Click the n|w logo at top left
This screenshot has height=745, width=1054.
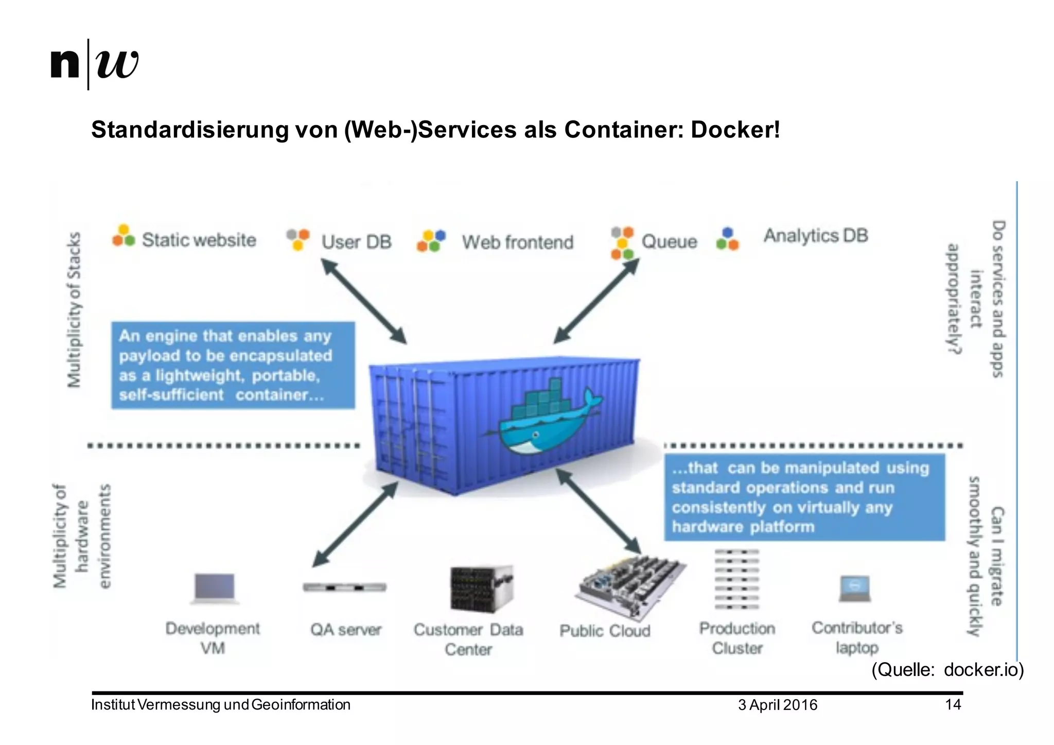(x=95, y=64)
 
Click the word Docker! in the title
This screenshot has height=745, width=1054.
(x=735, y=130)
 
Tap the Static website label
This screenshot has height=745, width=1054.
(x=199, y=240)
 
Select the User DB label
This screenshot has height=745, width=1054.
(x=356, y=242)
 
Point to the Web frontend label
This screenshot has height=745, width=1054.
(x=517, y=242)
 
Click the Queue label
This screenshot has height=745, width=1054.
(x=669, y=241)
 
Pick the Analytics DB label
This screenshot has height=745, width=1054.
(x=816, y=236)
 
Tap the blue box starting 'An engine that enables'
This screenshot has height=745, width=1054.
(x=233, y=366)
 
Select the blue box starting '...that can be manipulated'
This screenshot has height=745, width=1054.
(x=804, y=497)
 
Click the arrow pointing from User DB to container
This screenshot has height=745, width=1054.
(x=363, y=301)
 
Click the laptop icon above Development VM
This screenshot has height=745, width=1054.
(x=214, y=588)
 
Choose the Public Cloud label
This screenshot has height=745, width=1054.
(x=605, y=631)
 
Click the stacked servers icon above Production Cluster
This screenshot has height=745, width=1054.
(x=736, y=579)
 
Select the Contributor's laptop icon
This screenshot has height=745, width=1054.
(x=854, y=589)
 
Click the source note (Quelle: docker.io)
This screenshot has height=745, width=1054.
(x=947, y=670)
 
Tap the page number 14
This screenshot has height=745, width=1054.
(x=953, y=704)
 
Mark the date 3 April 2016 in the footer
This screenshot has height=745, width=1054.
(x=777, y=705)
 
